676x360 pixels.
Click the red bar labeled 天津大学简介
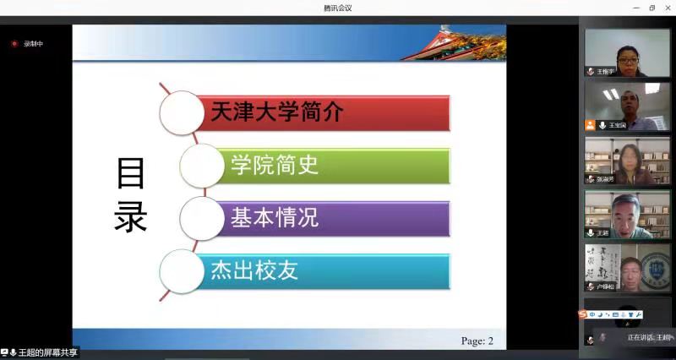pyautogui.click(x=325, y=112)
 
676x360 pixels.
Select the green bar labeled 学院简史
pyautogui.click(x=338, y=165)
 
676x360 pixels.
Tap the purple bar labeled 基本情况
pyautogui.click(x=338, y=217)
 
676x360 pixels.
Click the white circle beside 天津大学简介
pyautogui.click(x=182, y=113)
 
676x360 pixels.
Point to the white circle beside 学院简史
pyautogui.click(x=202, y=166)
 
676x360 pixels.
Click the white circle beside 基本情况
pyautogui.click(x=202, y=218)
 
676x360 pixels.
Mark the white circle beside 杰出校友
pyautogui.click(x=182, y=271)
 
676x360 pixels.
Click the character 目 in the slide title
pyautogui.click(x=131, y=174)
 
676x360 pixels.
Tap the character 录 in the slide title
pyautogui.click(x=131, y=217)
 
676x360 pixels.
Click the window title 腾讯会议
pyautogui.click(x=337, y=8)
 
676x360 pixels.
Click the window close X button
pyautogui.click(x=667, y=8)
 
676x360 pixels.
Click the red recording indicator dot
pyautogui.click(x=14, y=44)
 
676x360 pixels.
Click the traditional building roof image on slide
pyautogui.click(x=456, y=42)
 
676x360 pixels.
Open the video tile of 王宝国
pyautogui.click(x=627, y=106)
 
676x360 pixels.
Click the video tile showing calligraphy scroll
pyautogui.click(x=627, y=268)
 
